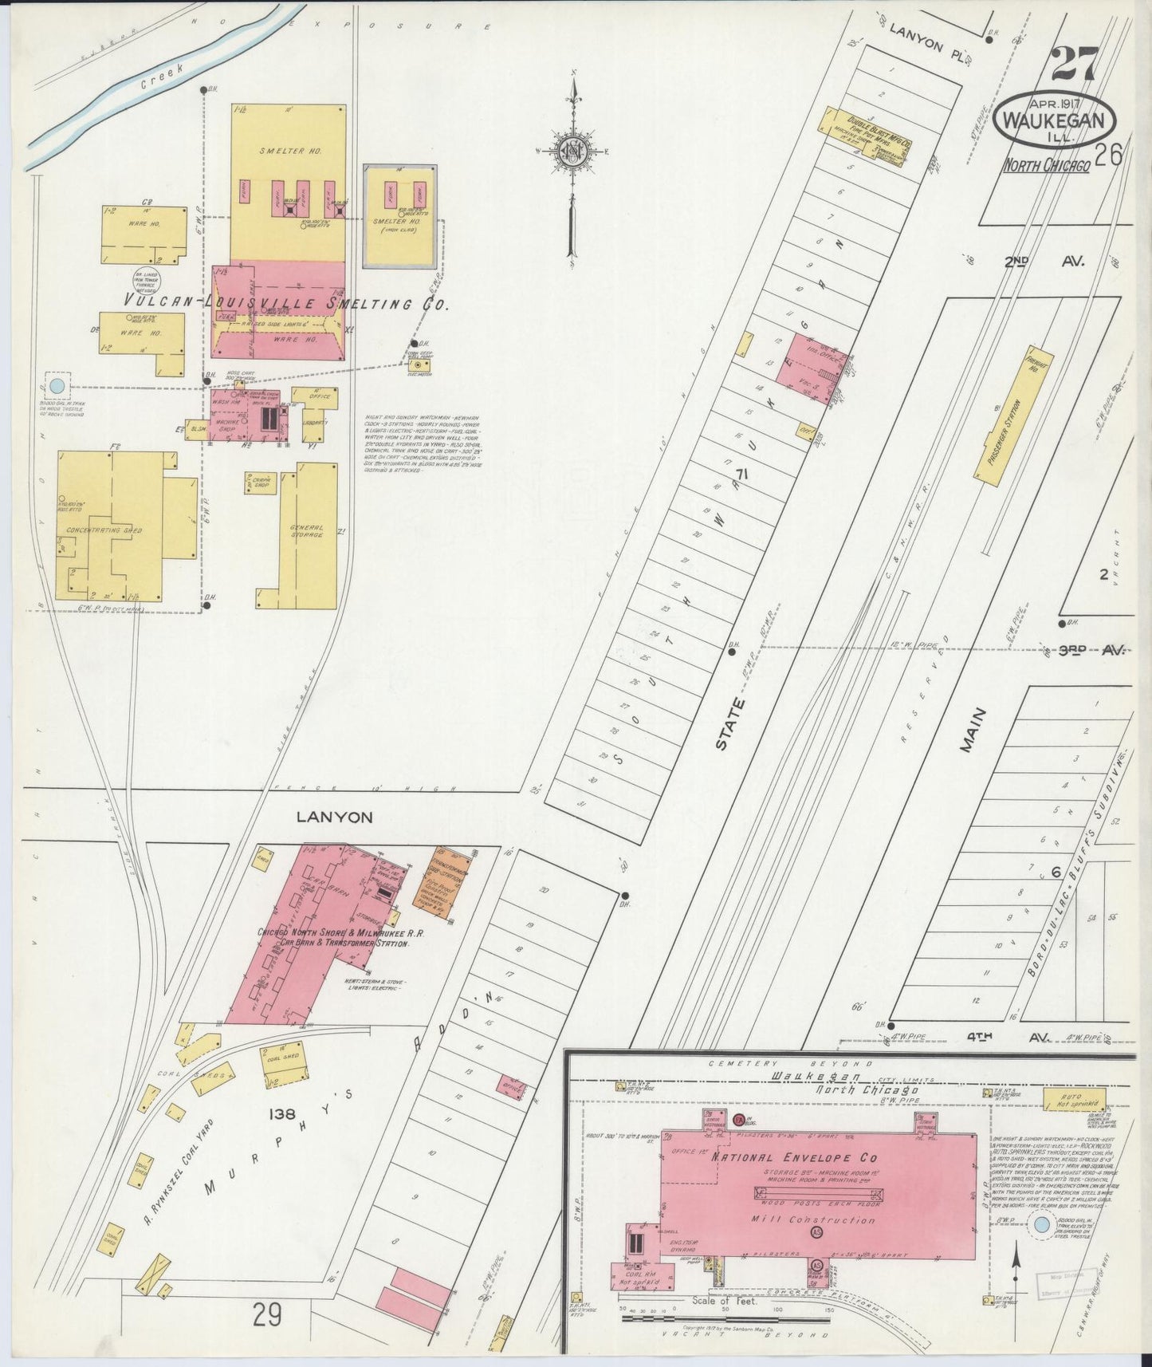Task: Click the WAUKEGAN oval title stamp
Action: (x=1055, y=123)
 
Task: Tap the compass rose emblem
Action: (x=572, y=152)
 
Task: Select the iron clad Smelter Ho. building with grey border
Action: (x=399, y=216)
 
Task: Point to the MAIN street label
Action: (x=973, y=730)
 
